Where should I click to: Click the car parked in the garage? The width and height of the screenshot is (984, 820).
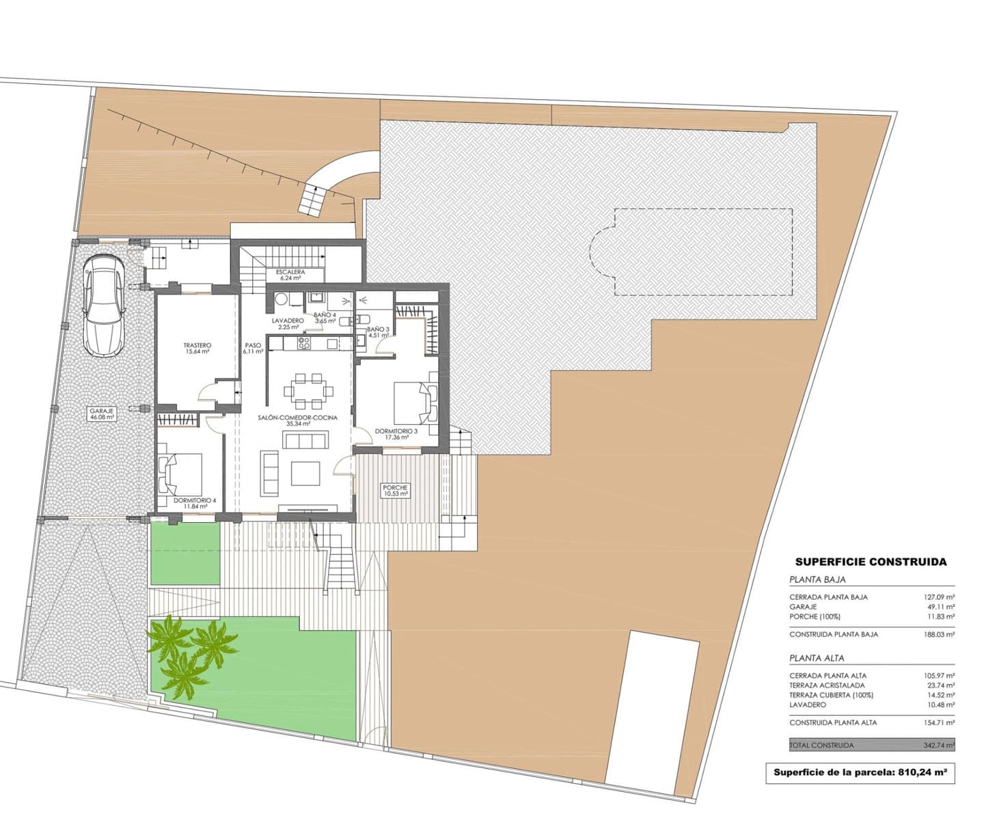[104, 305]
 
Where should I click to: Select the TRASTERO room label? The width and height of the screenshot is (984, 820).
[196, 348]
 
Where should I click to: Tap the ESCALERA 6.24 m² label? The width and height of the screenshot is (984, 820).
[290, 275]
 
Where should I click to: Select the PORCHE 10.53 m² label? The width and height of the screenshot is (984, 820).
[396, 491]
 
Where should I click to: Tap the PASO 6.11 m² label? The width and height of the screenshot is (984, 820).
[253, 348]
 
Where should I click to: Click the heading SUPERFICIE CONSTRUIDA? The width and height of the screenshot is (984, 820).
[871, 562]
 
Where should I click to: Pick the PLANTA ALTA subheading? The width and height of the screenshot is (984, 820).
[817, 658]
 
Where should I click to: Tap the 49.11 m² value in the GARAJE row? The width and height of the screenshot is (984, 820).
[940, 606]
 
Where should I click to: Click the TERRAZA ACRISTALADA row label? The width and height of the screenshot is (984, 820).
[827, 685]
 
